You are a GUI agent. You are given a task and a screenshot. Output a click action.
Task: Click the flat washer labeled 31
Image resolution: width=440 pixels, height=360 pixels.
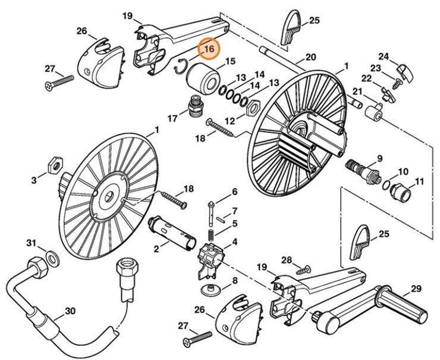pos(52,257)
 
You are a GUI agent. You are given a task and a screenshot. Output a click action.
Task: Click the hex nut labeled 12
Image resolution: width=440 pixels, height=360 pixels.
pos(252,108)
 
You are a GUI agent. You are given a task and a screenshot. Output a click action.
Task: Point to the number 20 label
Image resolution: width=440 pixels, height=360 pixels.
pos(310,58)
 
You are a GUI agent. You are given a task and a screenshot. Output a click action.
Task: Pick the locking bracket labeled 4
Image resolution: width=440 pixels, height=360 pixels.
pos(210,258)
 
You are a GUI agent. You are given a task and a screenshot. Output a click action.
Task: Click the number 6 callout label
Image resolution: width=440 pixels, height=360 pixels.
pos(234,192)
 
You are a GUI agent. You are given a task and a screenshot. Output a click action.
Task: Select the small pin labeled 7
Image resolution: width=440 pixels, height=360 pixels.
pos(220,218)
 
